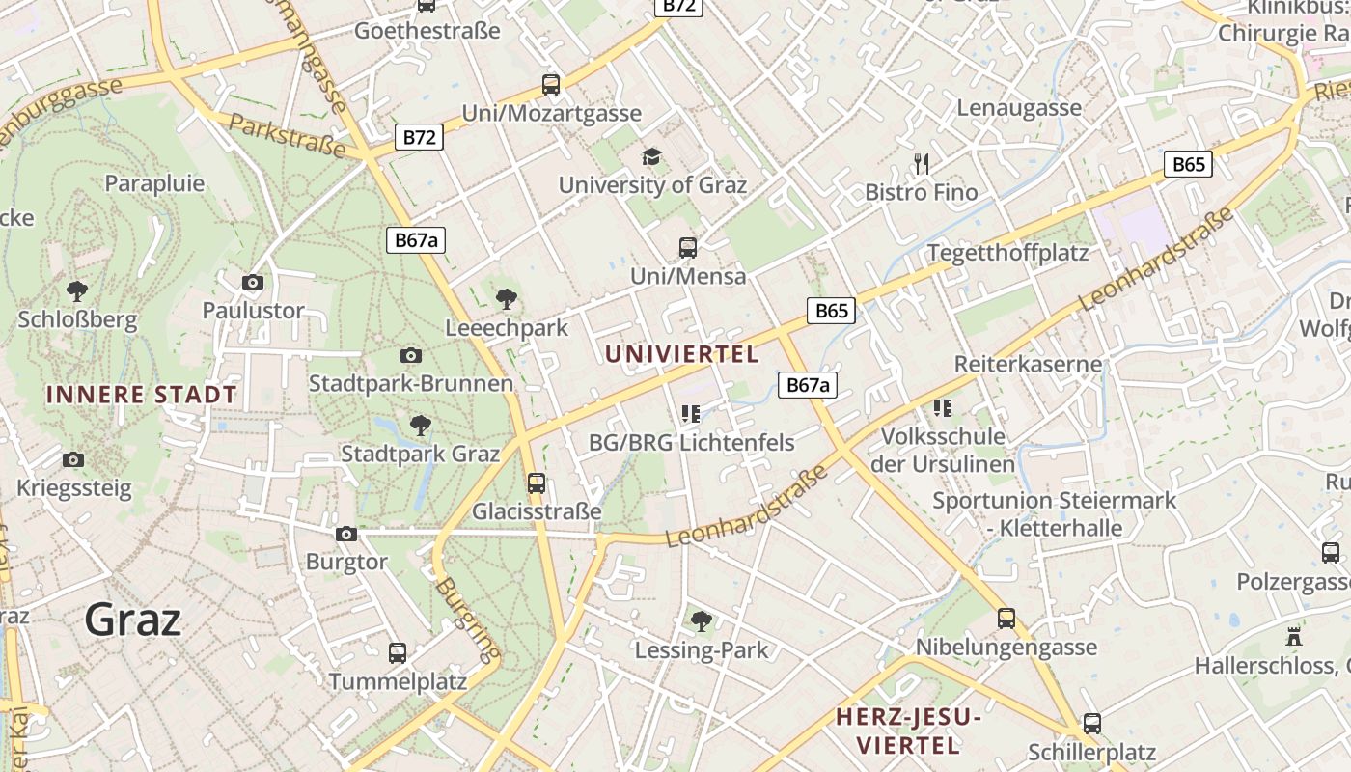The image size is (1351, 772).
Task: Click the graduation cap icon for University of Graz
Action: pyautogui.click(x=652, y=156)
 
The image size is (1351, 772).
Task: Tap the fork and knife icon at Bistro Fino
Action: pyautogui.click(x=922, y=164)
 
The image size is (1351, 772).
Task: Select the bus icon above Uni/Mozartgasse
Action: pyautogui.click(x=551, y=85)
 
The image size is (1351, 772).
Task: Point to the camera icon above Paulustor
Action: pyautogui.click(x=253, y=282)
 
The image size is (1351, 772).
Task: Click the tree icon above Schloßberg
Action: pyautogui.click(x=77, y=290)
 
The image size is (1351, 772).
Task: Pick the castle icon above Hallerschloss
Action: pyautogui.click(x=1294, y=637)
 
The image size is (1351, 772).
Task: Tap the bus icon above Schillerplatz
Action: pyautogui.click(x=1091, y=723)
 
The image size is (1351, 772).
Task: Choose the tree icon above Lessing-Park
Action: pyautogui.click(x=702, y=621)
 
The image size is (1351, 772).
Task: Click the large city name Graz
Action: pyautogui.click(x=132, y=619)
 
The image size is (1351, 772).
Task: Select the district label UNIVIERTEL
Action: pyautogui.click(x=682, y=354)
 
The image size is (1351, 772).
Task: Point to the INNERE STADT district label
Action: pyautogui.click(x=141, y=395)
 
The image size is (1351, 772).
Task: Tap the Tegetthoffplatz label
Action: pyautogui.click(x=1007, y=253)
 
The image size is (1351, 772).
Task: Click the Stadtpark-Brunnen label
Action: pyautogui.click(x=411, y=383)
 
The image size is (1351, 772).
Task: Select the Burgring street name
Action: pyautogui.click(x=466, y=614)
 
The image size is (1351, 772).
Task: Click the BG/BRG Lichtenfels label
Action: pyautogui.click(x=691, y=443)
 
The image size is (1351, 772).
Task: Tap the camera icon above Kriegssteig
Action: pyautogui.click(x=72, y=459)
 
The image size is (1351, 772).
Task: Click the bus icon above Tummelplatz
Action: pyautogui.click(x=397, y=653)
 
